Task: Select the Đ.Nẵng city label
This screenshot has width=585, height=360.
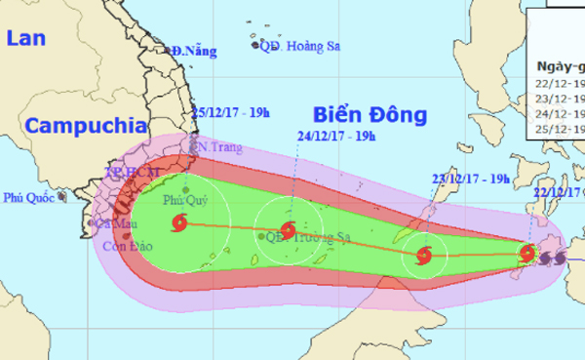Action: (x=189, y=51)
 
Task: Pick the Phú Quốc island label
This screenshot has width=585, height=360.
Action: (x=29, y=196)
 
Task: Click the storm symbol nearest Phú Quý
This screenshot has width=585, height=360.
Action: (x=178, y=225)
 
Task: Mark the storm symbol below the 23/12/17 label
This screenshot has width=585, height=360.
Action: (x=423, y=257)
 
